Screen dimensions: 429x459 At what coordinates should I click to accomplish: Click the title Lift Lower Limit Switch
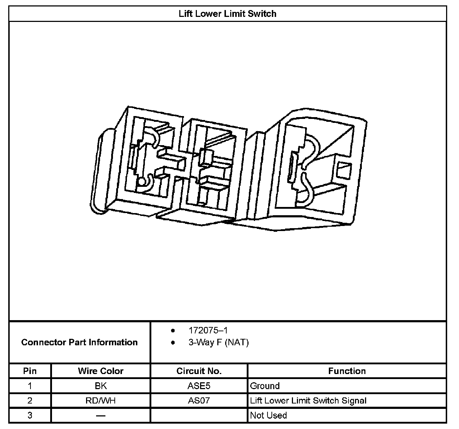227,14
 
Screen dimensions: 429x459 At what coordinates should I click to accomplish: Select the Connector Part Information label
79,342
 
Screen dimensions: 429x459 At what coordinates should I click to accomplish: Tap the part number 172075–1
208,330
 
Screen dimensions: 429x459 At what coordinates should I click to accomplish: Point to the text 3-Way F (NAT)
218,342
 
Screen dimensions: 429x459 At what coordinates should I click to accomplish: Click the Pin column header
30,371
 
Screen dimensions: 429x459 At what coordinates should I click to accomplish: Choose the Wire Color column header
100,371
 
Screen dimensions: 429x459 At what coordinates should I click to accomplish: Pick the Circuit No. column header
199,371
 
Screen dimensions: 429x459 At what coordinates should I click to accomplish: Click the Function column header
347,371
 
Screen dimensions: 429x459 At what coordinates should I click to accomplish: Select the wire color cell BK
100,386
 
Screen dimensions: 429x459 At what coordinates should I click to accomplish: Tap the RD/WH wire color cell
100,401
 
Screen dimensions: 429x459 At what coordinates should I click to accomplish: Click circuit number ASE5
199,386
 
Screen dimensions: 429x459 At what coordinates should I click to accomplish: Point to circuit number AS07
199,401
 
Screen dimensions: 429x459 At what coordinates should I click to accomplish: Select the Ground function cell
265,386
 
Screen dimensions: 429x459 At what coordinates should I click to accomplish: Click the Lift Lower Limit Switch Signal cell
308,401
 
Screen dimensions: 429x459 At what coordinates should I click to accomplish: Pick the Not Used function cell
268,415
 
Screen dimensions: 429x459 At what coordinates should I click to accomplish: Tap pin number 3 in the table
30,415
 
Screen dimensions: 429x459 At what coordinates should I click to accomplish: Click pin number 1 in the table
30,386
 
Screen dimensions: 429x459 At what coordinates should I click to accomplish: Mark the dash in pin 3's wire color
100,415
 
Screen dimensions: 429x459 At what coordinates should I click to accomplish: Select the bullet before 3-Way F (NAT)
173,342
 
